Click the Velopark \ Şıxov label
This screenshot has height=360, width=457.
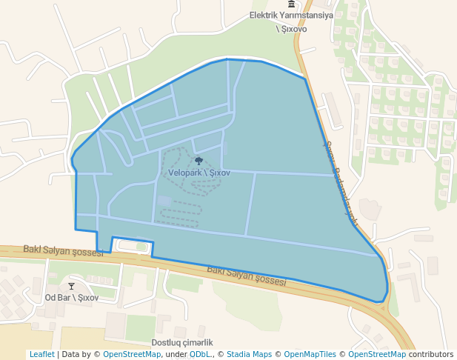pyautogui.click(x=199, y=173)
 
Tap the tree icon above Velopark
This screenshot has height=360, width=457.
pyautogui.click(x=199, y=161)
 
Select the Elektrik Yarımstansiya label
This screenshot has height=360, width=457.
pyautogui.click(x=291, y=15)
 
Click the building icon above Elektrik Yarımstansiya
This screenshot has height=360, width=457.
pyautogui.click(x=291, y=4)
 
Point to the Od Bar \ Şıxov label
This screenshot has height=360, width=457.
pyautogui.click(x=72, y=298)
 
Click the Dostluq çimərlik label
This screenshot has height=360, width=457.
pyautogui.click(x=182, y=342)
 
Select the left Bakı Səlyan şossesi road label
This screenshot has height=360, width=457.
pyautogui.click(x=63, y=251)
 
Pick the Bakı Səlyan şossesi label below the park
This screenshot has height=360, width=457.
pyautogui.click(x=246, y=276)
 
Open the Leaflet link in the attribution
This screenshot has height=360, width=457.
pyautogui.click(x=41, y=354)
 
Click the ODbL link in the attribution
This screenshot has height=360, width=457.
pyautogui.click(x=200, y=354)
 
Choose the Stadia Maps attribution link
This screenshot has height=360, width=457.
pyautogui.click(x=249, y=354)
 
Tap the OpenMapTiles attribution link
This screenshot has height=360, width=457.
pyautogui.click(x=305, y=354)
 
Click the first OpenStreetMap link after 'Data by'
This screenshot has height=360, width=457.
pyautogui.click(x=132, y=354)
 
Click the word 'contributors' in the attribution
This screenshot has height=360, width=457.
pyautogui.click(x=431, y=354)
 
